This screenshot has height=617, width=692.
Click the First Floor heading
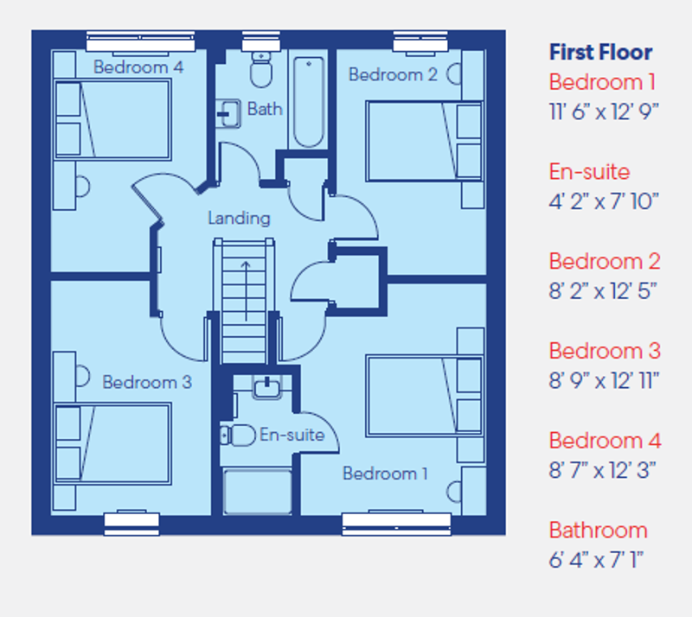pos(600,53)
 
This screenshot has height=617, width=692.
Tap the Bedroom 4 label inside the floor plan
pos(138,67)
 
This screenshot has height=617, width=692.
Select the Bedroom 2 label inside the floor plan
pos(393,75)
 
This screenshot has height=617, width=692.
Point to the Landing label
pos(239,219)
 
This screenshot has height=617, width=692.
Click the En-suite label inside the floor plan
pos(292,435)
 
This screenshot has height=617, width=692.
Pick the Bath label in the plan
pos(265,109)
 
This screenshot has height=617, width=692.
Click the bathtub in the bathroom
pos(307,103)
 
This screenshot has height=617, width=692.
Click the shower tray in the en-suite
pos(258,491)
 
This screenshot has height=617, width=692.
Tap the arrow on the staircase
pos(245,289)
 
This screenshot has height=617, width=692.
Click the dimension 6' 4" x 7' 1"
pos(597,560)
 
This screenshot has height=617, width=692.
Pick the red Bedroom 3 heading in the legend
pos(605,351)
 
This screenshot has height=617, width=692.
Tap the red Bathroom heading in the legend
pos(598,530)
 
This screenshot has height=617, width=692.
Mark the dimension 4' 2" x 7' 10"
pos(604,201)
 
